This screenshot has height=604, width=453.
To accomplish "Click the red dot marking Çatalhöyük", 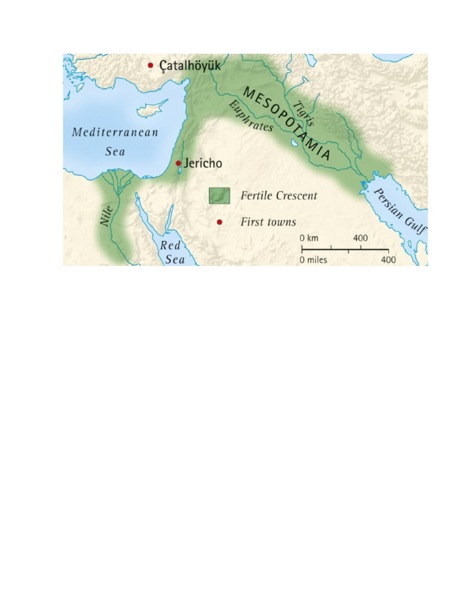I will (150, 65).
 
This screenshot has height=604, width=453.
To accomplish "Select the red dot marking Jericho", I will (178, 163).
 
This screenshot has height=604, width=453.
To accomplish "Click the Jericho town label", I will (203, 163).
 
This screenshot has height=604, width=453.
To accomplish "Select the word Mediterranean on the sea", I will (115, 133).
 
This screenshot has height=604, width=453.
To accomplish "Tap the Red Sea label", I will (175, 252).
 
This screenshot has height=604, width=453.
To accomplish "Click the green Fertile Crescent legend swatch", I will (219, 195).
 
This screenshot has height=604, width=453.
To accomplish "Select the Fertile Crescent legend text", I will (279, 195).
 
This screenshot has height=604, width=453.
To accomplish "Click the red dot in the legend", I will (219, 222).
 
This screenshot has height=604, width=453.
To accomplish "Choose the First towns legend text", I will (268, 222).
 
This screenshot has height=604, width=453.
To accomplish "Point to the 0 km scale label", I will (309, 238).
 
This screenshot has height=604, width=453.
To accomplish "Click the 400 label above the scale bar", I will (360, 238).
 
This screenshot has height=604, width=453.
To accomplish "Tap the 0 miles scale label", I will (313, 260).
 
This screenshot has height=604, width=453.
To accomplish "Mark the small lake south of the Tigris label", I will (294, 143).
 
